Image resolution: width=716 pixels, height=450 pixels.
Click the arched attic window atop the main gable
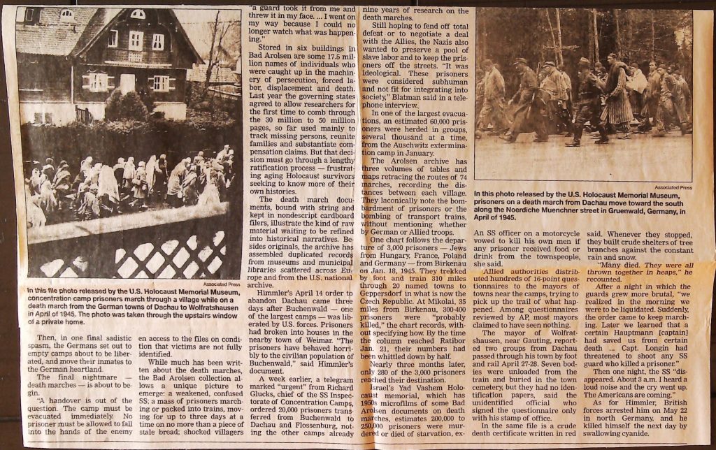click(x=138, y=14)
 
